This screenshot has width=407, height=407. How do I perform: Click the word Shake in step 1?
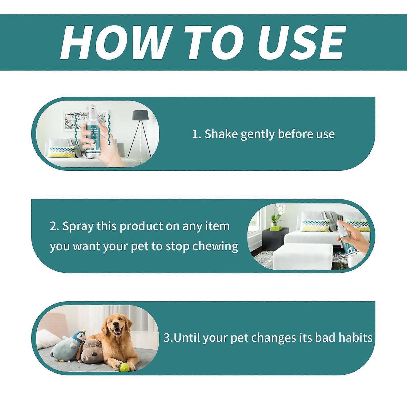tap(221, 134)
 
